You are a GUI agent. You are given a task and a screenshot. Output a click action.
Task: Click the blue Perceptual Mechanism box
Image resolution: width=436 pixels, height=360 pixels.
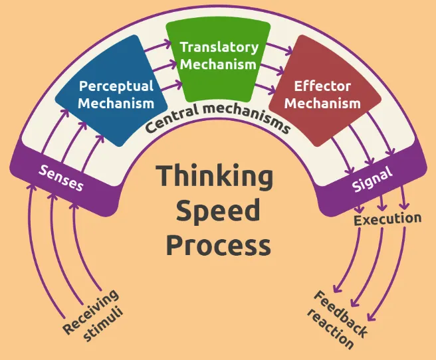(x=112, y=91)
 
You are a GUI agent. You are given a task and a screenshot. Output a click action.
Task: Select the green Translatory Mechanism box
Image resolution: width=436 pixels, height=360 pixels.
(x=218, y=61)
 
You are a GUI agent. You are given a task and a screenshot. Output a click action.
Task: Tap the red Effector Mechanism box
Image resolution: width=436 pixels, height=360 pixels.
(x=325, y=91)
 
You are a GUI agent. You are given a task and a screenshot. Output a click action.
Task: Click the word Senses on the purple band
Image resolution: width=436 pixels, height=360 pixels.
(x=60, y=178)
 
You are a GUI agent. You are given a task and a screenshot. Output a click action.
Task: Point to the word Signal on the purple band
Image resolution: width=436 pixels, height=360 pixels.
(x=372, y=179)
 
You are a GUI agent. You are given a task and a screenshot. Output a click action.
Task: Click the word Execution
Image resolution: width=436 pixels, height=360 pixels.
(x=387, y=219)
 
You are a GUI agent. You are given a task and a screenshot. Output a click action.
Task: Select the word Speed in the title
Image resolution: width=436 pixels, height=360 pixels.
(x=218, y=212)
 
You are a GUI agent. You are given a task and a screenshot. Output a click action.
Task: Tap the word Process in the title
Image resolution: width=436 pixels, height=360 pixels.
(x=218, y=244)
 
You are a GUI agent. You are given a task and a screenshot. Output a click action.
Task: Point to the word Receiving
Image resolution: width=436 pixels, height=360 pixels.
(x=90, y=312)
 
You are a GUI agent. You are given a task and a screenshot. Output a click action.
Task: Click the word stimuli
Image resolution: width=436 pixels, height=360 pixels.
(x=103, y=324)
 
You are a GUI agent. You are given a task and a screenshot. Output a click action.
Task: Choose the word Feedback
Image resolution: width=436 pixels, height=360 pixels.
(x=341, y=314)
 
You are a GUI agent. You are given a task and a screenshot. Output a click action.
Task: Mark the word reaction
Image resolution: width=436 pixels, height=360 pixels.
(x=330, y=329)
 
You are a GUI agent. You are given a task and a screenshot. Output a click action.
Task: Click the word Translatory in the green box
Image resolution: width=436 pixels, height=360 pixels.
(x=219, y=47)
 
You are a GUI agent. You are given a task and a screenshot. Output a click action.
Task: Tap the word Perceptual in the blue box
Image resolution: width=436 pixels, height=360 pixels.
(x=116, y=86)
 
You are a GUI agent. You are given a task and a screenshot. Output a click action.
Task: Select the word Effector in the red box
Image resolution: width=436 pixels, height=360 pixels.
(x=322, y=86)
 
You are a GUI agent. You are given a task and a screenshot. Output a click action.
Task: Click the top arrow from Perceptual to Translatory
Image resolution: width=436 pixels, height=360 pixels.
(x=158, y=46)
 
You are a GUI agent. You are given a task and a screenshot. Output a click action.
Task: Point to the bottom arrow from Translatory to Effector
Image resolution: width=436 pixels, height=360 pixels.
(x=265, y=88)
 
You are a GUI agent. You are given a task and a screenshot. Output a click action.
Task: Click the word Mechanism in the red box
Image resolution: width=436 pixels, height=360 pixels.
(x=322, y=104)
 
